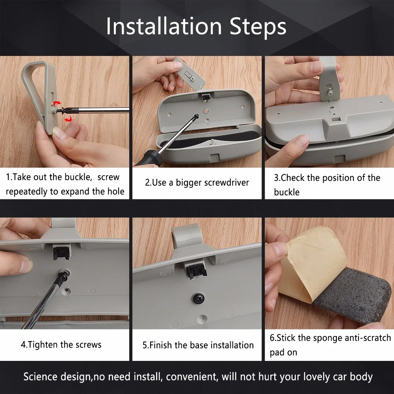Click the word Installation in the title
(x=164, y=26)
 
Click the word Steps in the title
(x=258, y=27)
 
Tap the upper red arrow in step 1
(x=58, y=103)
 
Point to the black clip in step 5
(x=197, y=270)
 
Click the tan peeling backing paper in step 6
(x=312, y=261)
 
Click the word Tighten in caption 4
(x=43, y=345)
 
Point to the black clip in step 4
(x=61, y=253)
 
